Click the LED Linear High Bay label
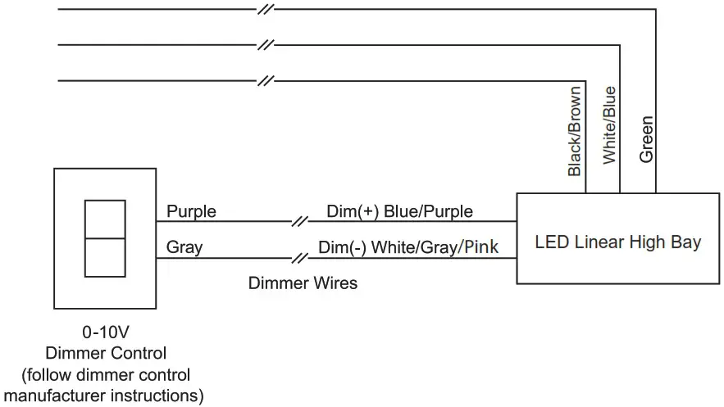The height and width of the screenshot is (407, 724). coord(617,242)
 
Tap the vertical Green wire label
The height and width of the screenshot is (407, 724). coord(647,139)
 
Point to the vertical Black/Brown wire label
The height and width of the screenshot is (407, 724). coord(575,131)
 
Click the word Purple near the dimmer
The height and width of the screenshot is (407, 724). coord(191,211)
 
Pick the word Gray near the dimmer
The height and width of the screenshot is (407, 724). coord(184,246)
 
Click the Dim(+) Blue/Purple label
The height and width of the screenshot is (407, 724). coord(399,211)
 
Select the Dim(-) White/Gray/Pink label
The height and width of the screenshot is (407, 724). coord(408,246)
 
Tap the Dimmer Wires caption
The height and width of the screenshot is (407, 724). coord(303,283)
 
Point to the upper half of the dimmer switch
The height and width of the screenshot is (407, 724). coord(105,217)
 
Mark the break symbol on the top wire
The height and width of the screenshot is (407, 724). coord(264,10)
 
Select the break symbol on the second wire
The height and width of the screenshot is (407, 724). coord(264,45)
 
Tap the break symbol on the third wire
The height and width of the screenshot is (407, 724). coord(264,81)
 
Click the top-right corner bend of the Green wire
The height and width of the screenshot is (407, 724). coord(655,10)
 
